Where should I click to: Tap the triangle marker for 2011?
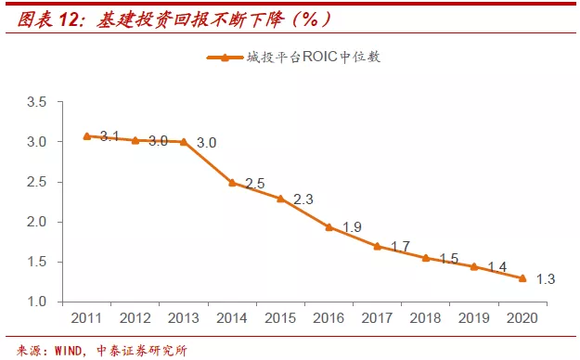point(86,136)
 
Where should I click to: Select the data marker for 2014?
point(232,183)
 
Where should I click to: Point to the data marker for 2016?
point(329,226)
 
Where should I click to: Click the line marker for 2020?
point(522,278)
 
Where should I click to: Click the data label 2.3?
point(303,199)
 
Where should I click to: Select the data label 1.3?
point(545,279)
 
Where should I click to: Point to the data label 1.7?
point(399,247)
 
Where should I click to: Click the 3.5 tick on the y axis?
point(37,102)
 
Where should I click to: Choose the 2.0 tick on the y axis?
point(37,222)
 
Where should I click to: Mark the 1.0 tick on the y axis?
point(37,302)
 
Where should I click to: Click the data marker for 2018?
point(425,258)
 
